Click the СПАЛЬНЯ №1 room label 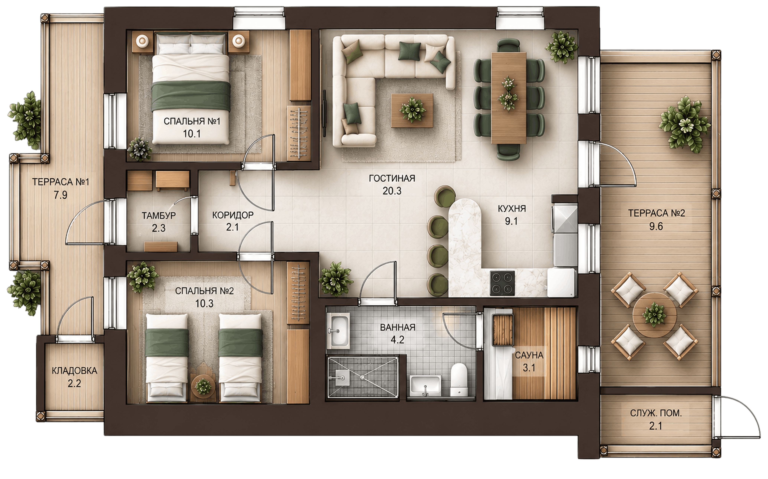tap(192, 121)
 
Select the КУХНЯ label tap(512, 208)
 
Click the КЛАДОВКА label tap(74, 371)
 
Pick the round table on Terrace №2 tap(654, 315)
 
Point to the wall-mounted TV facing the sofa tap(324, 113)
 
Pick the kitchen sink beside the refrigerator tap(565, 219)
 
